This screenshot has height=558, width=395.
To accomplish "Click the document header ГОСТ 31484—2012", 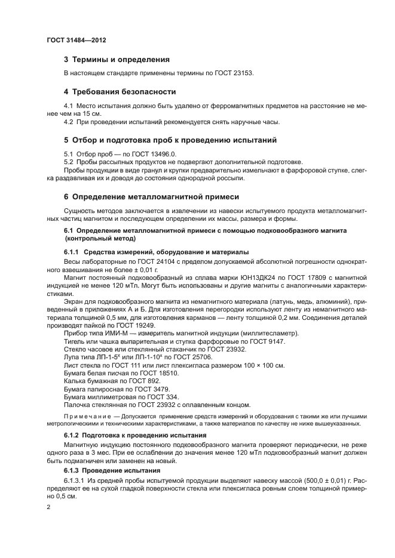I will tap(76, 40).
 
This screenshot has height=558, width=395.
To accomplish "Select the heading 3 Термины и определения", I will tap(117, 60).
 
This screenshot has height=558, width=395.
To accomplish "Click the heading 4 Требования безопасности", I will tap(120, 92).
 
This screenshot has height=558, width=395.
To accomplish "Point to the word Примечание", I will tap(86, 415).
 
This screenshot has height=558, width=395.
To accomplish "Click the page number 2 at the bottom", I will tap(49, 507).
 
